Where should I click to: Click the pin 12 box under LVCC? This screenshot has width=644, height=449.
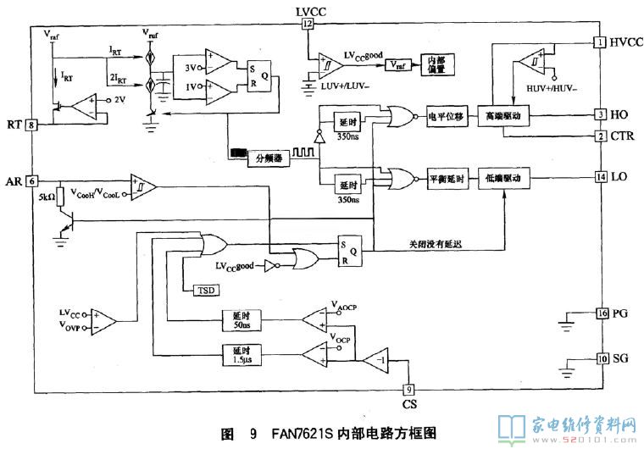[x=308, y=24]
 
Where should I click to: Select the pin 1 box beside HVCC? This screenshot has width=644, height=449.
[x=600, y=42]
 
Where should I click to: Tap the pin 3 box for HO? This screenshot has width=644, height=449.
[x=600, y=114]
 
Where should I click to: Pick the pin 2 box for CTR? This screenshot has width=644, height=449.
[x=600, y=136]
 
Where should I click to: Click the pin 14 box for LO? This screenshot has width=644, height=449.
[x=600, y=177]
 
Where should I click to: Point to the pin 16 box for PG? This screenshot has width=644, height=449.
[x=600, y=313]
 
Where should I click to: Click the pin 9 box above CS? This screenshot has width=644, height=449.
[x=408, y=390]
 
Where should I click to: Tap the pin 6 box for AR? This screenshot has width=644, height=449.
[x=31, y=180]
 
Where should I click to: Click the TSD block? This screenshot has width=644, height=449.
[x=207, y=290]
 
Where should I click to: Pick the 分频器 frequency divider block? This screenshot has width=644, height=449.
[x=270, y=156]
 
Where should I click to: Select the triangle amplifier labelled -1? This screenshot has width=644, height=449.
[x=377, y=360]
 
